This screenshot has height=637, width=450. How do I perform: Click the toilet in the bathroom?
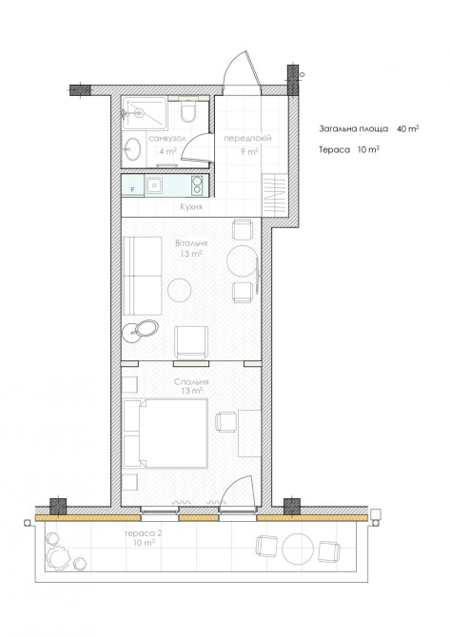click(188, 111)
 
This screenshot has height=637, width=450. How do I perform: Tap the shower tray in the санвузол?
click(145, 113)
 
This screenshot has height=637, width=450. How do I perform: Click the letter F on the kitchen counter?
click(132, 190)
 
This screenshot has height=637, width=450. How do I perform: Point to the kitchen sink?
click(154, 185)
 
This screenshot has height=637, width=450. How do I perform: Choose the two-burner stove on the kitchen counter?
click(198, 185)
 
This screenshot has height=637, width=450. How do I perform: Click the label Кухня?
click(191, 206)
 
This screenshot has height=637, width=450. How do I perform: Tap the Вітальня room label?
click(191, 243)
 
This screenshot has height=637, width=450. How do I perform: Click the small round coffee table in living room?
click(180, 290)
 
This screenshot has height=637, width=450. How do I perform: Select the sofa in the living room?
click(143, 276)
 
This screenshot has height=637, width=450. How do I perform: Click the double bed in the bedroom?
click(166, 434)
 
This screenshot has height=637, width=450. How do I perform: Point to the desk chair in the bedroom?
click(225, 421)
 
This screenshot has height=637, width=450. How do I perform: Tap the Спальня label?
click(191, 382)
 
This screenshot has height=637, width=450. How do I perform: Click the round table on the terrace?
click(298, 549)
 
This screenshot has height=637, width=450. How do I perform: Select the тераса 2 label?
click(143, 533)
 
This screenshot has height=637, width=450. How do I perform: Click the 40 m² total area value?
click(408, 128)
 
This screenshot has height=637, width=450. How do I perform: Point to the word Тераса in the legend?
click(334, 150)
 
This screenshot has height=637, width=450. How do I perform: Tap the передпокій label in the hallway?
click(247, 138)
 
